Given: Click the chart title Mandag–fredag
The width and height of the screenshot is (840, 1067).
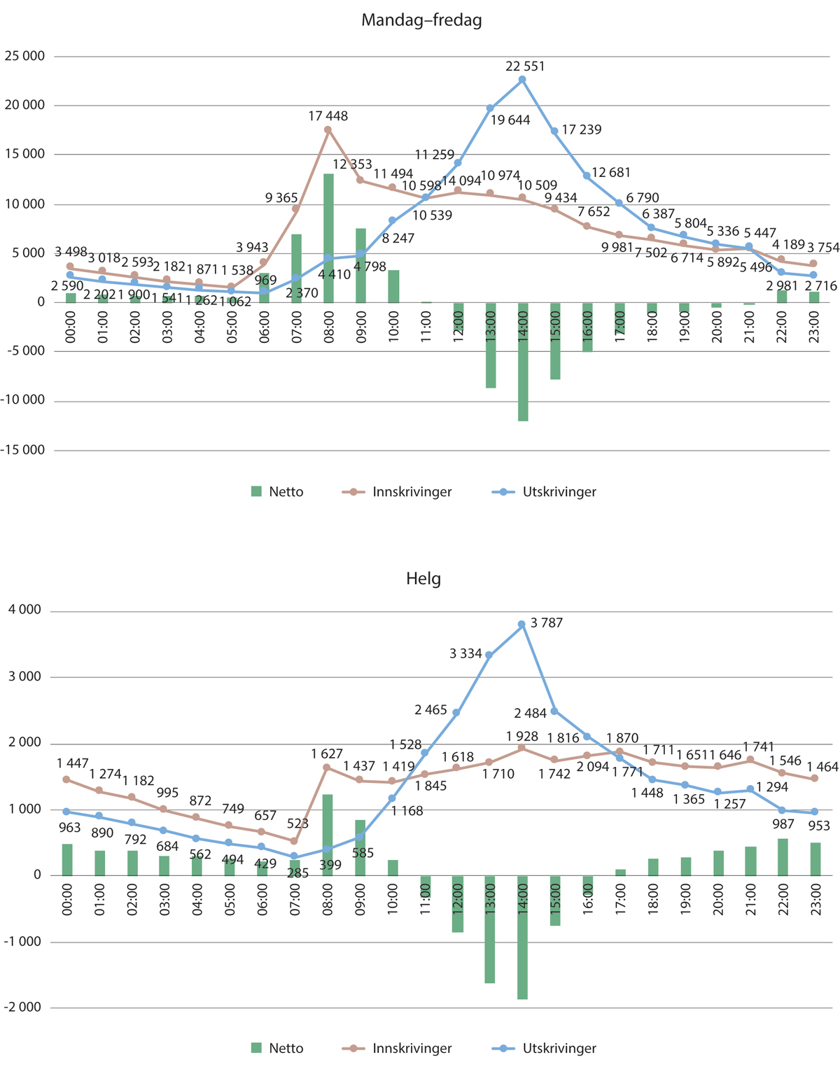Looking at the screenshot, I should click(421, 20).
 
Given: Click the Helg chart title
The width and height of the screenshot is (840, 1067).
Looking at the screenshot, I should click(423, 579).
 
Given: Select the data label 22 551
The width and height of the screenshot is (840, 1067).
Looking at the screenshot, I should click(525, 66).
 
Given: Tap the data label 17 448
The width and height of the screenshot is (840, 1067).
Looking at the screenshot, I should click(328, 116).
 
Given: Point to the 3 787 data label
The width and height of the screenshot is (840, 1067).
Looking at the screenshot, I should click(547, 623).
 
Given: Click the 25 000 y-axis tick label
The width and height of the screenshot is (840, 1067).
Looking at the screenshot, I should click(24, 56).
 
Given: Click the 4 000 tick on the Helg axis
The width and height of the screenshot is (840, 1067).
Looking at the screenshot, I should click(25, 610).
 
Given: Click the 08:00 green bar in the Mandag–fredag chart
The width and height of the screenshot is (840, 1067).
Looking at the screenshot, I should click(328, 238).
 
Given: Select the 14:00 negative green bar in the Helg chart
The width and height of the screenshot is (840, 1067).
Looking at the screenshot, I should click(522, 938).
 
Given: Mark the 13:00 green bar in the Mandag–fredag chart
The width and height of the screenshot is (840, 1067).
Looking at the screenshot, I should click(491, 345).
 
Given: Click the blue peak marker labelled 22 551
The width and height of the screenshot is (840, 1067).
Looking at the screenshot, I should click(522, 80).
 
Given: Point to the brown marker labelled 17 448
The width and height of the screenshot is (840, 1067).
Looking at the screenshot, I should click(328, 129).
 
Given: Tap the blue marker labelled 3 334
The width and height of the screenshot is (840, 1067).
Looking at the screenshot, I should click(489, 655).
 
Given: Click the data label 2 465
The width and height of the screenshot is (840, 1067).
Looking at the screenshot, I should click(430, 710).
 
